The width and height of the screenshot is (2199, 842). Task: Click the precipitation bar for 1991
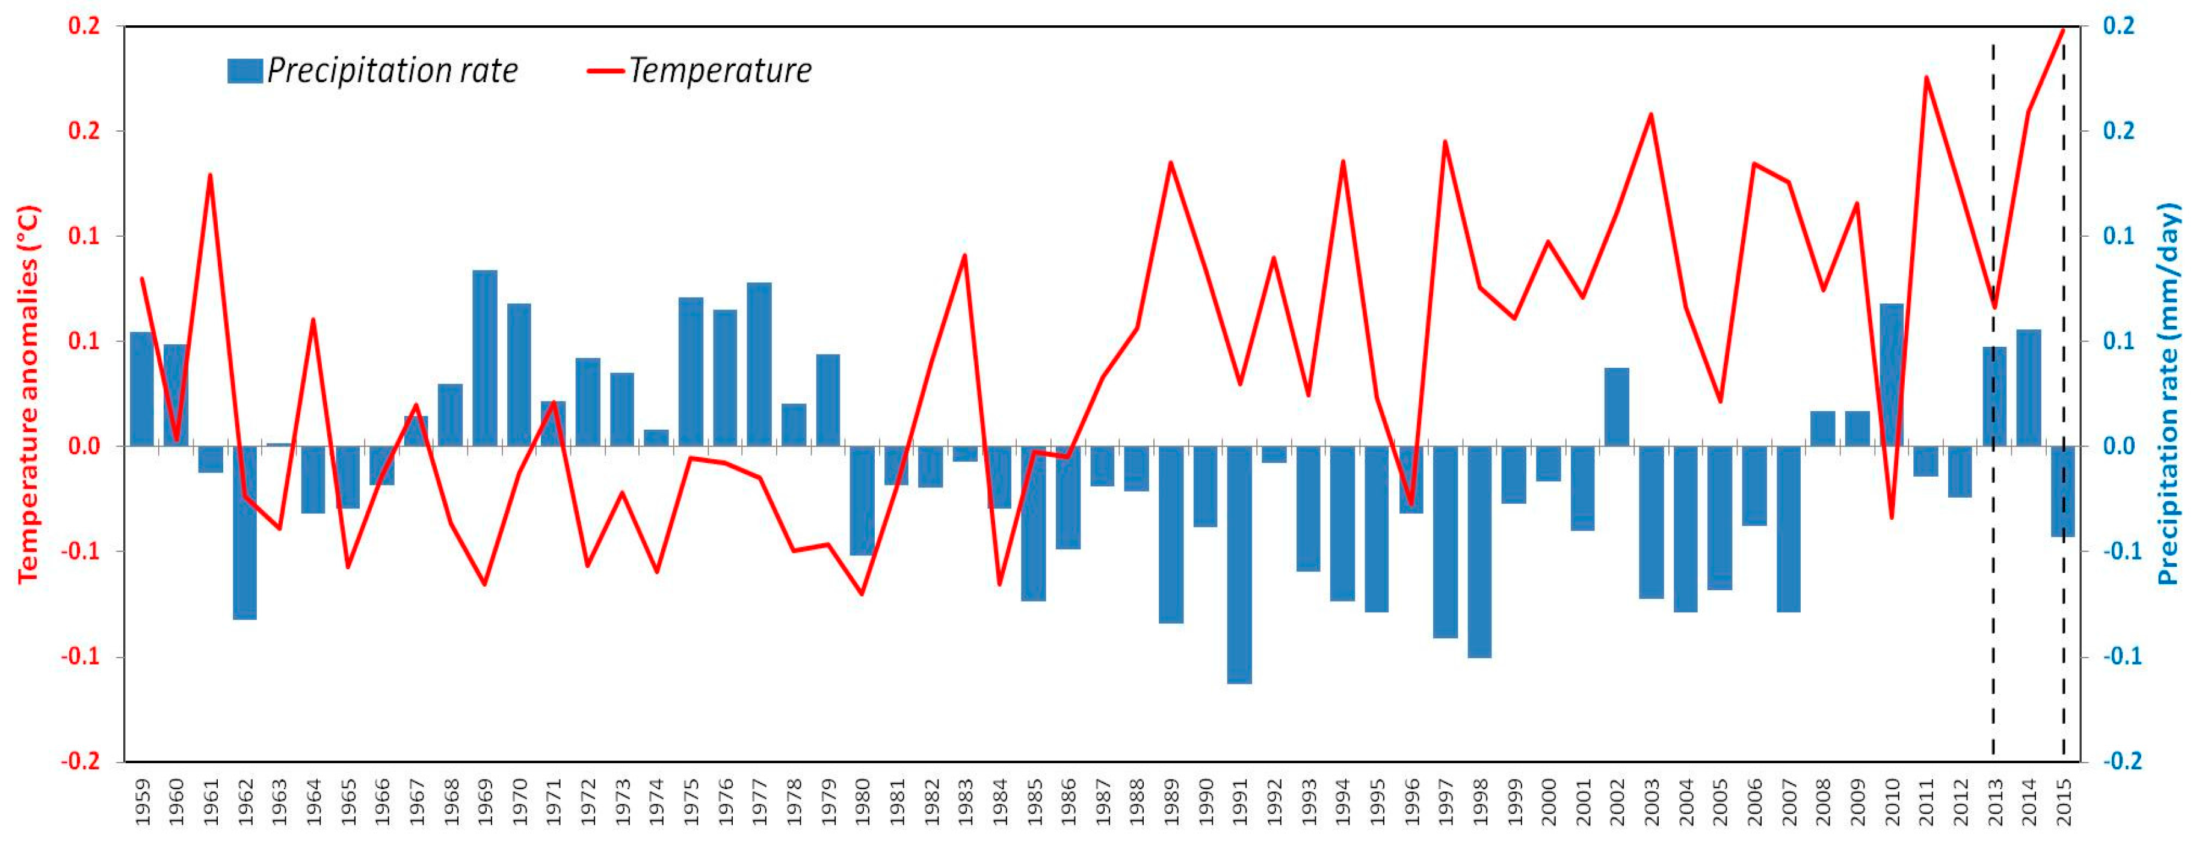tap(1239, 565)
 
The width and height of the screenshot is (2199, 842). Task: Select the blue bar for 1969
tap(485, 358)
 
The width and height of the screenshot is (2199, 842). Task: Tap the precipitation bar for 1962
tap(245, 532)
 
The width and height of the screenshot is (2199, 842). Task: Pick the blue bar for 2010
tap(1892, 374)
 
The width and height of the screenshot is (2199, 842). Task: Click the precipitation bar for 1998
tap(1479, 552)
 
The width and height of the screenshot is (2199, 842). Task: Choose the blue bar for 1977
tap(759, 364)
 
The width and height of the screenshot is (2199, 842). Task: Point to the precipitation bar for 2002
tap(1617, 407)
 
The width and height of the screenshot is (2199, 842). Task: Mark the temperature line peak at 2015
tap(2063, 30)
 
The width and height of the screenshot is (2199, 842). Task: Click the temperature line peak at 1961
tap(210, 175)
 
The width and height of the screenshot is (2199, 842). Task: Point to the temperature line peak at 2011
tap(1926, 78)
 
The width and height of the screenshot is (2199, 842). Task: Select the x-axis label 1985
tap(1035, 802)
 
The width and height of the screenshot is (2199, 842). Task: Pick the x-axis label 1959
tap(143, 802)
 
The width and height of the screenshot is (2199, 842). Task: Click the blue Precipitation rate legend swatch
tap(245, 71)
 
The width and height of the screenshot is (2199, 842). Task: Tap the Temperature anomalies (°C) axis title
tap(29, 394)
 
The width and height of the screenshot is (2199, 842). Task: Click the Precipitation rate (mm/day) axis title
tap(2169, 393)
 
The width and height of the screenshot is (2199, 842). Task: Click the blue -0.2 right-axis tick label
tap(2121, 761)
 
